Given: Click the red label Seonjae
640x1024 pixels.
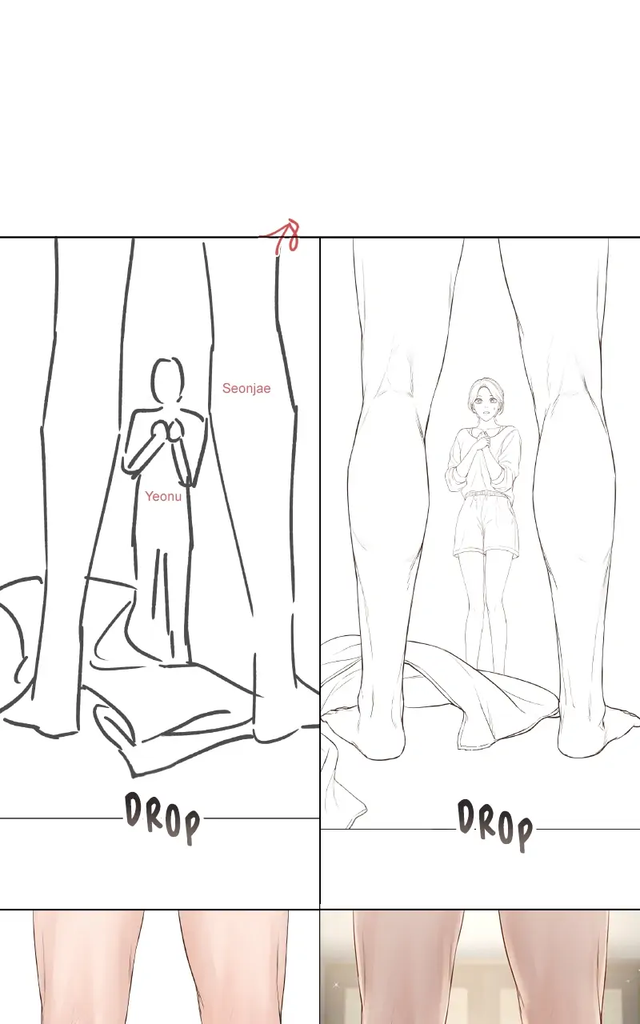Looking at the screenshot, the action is click(x=246, y=388).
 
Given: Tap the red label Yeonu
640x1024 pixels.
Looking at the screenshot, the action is click(x=163, y=496).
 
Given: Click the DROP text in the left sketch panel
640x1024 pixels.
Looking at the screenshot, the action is click(x=162, y=818).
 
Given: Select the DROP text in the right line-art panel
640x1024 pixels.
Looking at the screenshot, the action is click(x=495, y=824).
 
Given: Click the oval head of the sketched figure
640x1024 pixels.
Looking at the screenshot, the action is click(x=166, y=380).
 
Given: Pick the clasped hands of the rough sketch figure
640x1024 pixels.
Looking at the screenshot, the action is click(x=167, y=431).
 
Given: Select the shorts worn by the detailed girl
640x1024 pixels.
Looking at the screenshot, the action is click(x=486, y=524).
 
